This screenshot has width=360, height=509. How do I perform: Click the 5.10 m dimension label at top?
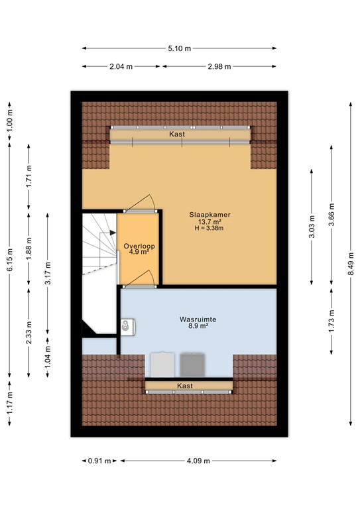[180, 48]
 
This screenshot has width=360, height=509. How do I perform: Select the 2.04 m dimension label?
[122, 66]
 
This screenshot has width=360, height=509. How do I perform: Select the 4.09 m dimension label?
[198, 461]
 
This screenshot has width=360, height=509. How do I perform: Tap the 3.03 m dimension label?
[312, 227]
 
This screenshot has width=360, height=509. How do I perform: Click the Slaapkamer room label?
[209, 215]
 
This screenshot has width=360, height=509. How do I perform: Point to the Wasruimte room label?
[198, 319]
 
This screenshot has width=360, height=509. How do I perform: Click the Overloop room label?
[139, 246]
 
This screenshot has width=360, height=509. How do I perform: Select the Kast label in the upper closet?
[176, 134]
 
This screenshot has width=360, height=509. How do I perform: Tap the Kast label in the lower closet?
[184, 385]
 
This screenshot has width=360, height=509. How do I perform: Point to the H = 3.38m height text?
[209, 229]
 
